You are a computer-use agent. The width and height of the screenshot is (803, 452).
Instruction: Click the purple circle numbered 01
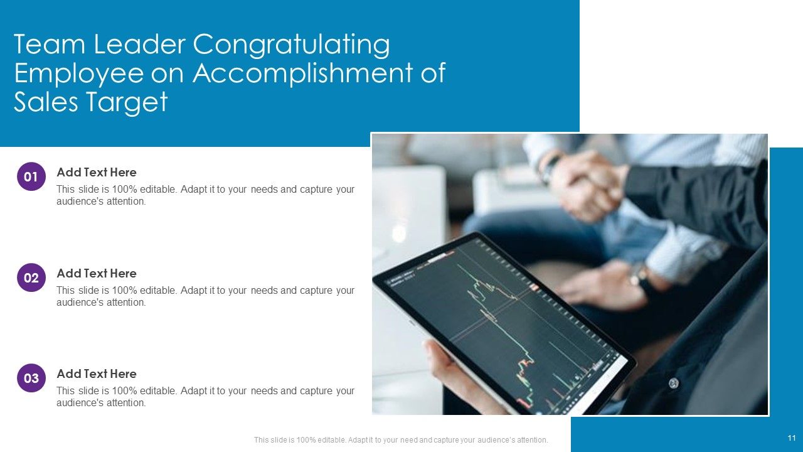31,177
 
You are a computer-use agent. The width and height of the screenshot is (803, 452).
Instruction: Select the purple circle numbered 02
31,277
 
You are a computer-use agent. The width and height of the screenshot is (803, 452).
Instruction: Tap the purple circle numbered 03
31,378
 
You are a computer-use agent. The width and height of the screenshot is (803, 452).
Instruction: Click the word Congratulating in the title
291,45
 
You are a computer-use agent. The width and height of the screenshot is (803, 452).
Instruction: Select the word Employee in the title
78,73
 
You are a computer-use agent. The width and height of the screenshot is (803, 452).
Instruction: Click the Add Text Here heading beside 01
97,172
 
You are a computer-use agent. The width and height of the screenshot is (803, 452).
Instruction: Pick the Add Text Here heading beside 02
97,273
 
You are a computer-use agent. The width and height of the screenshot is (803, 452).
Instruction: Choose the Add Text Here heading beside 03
97,374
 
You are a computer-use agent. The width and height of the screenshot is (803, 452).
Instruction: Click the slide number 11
791,438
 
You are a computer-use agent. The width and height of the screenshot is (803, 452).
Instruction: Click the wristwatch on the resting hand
639,275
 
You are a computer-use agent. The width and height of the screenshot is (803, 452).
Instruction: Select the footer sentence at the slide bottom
401,440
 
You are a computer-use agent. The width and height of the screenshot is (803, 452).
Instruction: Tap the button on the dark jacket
674,382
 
